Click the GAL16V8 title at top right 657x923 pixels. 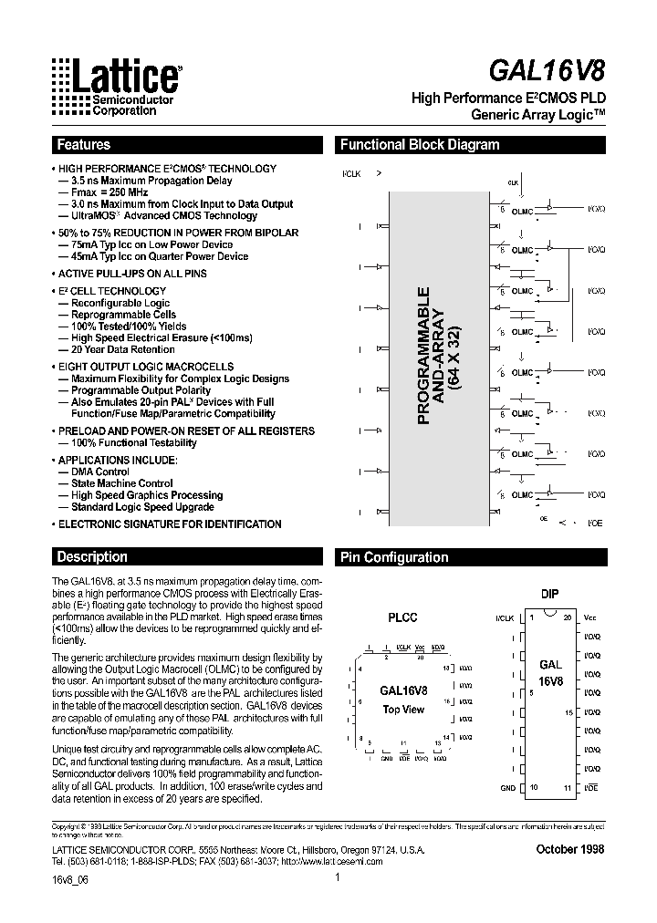point(558,71)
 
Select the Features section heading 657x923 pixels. point(84,145)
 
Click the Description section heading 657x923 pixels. point(92,556)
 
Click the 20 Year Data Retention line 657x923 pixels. point(116,349)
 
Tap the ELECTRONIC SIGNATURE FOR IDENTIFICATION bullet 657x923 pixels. point(169,524)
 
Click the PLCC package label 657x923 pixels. point(402,617)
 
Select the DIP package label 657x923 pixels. point(549,594)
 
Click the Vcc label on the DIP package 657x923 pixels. point(589,618)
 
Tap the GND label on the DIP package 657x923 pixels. point(507,787)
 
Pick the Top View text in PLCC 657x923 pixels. point(402,710)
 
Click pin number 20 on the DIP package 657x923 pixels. point(567,617)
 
